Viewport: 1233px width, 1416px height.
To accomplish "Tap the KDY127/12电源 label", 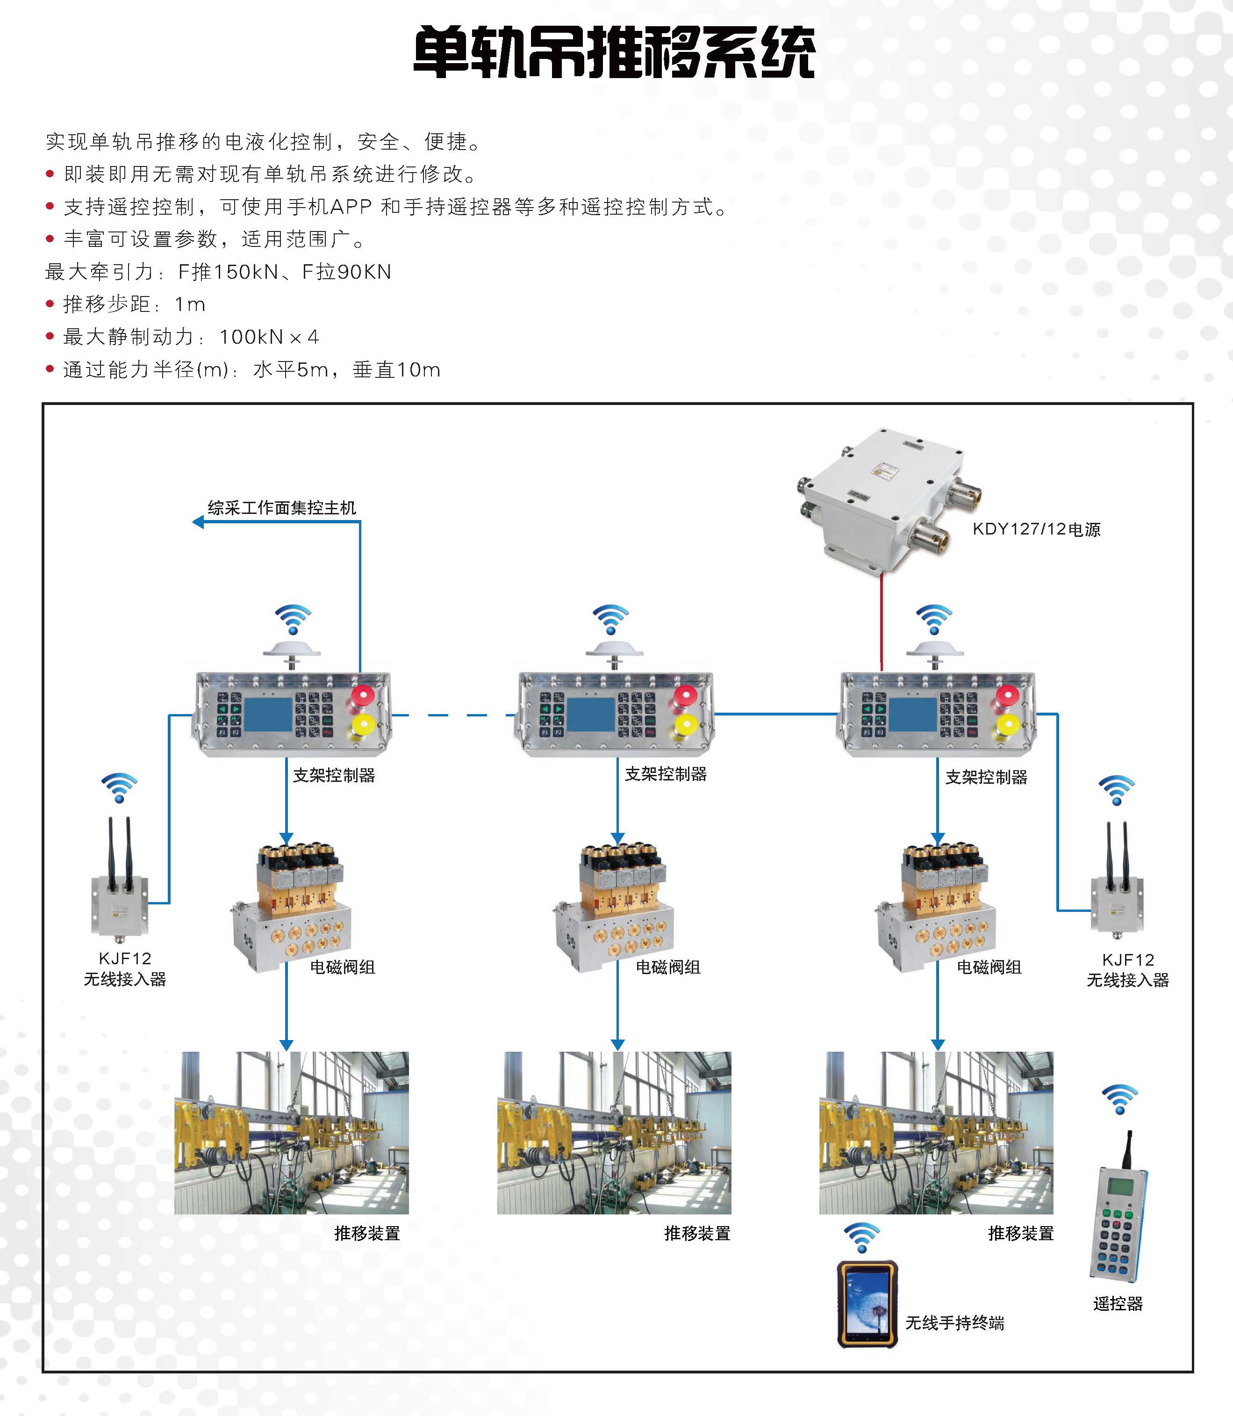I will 1036,529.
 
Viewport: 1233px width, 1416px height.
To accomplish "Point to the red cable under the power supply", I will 882,620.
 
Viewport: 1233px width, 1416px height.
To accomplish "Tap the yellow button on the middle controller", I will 685,725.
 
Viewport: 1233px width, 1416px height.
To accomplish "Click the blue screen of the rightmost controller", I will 913,715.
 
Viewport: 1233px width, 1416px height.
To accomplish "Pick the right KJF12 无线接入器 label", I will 1128,970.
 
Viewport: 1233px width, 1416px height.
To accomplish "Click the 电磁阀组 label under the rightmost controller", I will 989,967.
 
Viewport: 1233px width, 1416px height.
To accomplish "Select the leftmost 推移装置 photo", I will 291,1133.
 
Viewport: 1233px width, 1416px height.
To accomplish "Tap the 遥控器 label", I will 1118,1303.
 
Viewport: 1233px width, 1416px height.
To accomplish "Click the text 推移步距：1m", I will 134,304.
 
